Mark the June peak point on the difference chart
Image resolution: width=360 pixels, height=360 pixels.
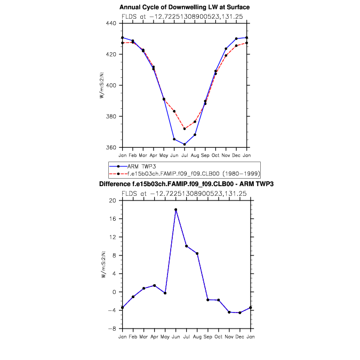pyautogui.click(x=175, y=210)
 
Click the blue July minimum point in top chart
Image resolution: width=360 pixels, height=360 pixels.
pyautogui.click(x=185, y=144)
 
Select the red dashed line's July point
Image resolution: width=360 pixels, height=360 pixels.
pyautogui.click(x=185, y=129)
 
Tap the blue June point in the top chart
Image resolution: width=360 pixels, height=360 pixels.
pyautogui.click(x=174, y=139)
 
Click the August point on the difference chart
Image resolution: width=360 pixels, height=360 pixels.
pyautogui.click(x=197, y=253)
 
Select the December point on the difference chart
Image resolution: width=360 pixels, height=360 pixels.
pyautogui.click(x=240, y=313)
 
